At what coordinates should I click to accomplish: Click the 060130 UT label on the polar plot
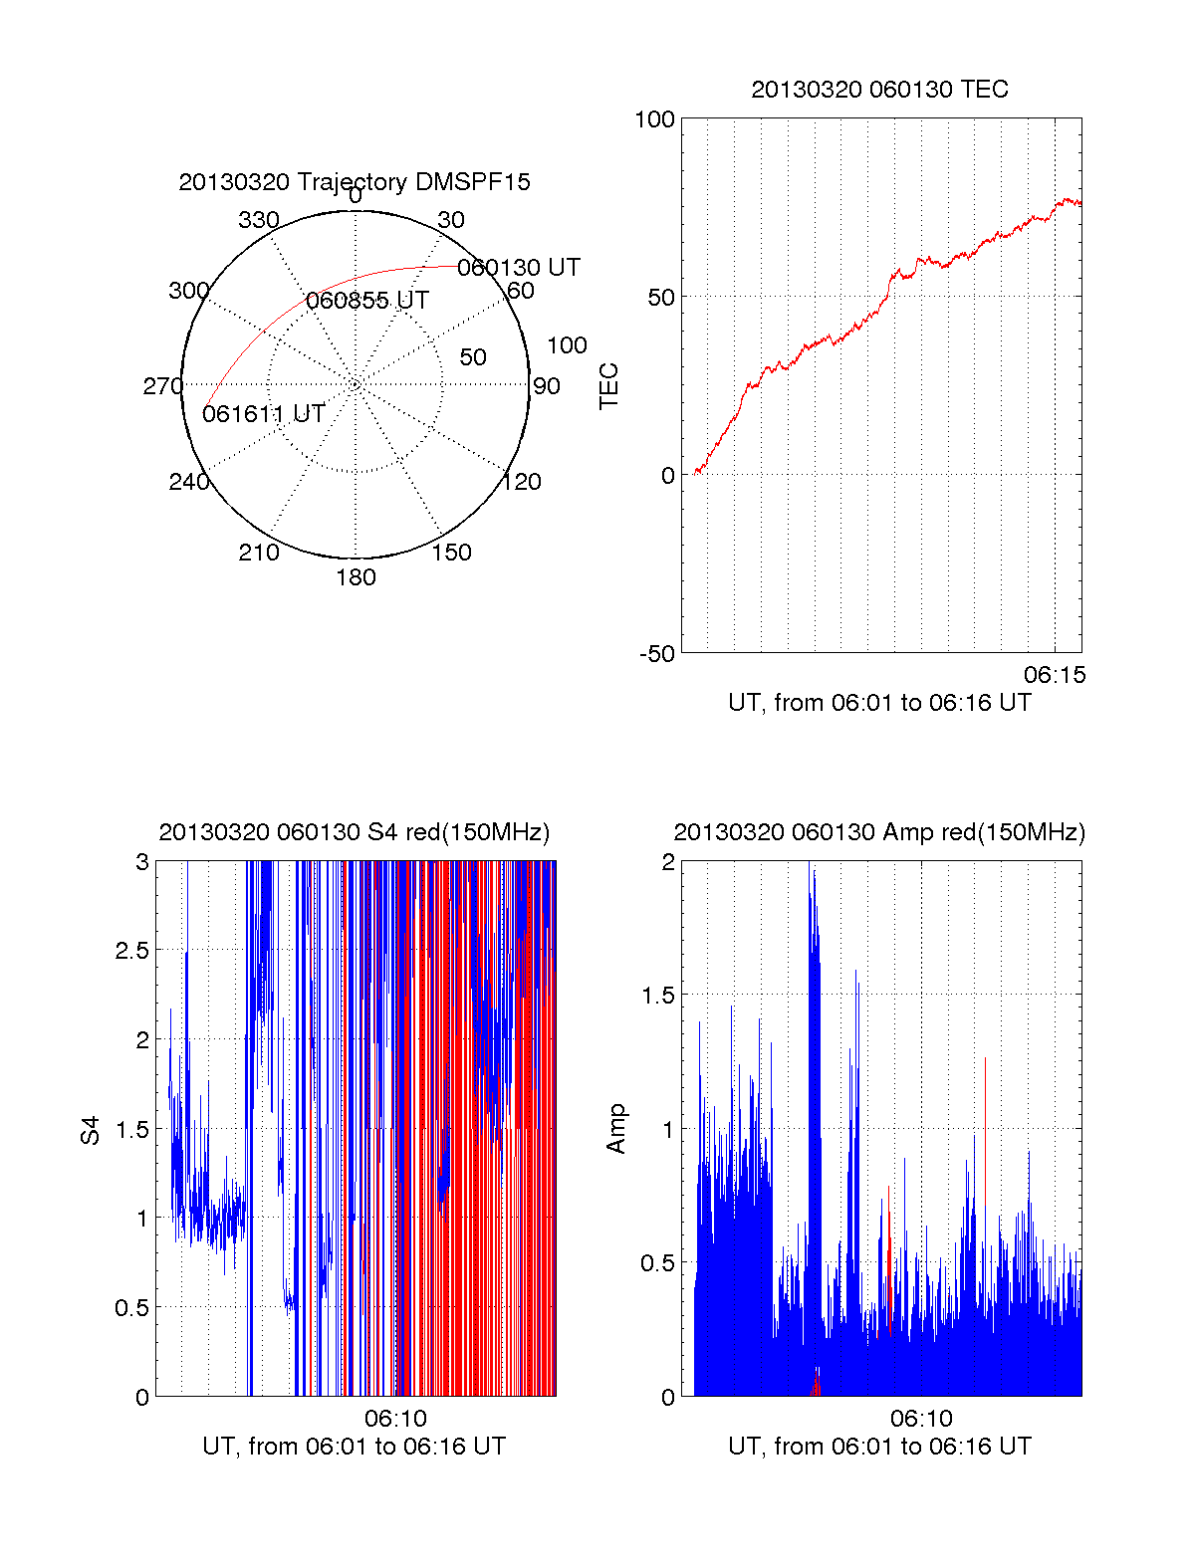tap(518, 268)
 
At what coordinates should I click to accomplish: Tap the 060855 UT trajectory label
tap(366, 301)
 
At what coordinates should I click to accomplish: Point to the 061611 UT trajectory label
tap(263, 414)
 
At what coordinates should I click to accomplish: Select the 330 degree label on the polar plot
tap(258, 220)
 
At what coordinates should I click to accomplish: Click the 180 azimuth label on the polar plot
tap(356, 577)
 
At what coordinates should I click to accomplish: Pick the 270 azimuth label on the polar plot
tap(162, 386)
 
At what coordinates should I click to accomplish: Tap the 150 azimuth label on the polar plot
tap(451, 553)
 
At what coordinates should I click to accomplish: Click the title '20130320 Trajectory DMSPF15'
tap(355, 182)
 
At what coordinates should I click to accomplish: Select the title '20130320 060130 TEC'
tap(879, 90)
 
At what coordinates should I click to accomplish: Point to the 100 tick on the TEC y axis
tap(654, 119)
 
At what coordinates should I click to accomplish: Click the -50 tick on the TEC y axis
tap(657, 654)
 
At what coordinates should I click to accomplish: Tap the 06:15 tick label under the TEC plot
tap(1055, 675)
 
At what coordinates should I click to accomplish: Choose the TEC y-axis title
tap(608, 386)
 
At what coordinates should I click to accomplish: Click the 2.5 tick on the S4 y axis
tap(131, 950)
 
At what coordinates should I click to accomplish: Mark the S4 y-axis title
tap(91, 1130)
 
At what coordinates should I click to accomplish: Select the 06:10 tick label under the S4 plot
tap(395, 1418)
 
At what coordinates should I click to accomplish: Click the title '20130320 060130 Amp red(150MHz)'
tap(879, 832)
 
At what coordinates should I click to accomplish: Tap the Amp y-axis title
tap(616, 1129)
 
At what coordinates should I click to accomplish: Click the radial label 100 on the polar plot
tap(567, 345)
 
